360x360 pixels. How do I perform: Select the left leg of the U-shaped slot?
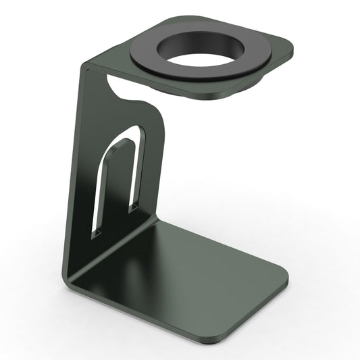pyautogui.click(x=101, y=182)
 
